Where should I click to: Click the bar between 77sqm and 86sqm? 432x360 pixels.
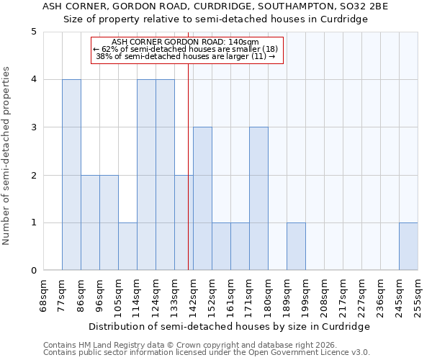coord(71,175)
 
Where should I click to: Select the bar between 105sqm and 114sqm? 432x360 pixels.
coord(127,246)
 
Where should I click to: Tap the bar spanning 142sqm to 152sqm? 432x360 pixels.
coord(202,199)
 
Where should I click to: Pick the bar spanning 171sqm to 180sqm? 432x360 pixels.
coord(258,199)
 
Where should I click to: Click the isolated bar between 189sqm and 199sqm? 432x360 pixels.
coord(296,246)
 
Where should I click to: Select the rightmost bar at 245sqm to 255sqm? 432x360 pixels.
coord(408,246)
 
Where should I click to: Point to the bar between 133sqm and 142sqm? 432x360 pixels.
coord(184,222)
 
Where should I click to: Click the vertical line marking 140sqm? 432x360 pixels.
coord(188,144)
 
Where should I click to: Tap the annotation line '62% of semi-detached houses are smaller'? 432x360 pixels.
coord(190,49)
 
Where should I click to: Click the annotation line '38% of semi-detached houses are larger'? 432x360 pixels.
coord(186,56)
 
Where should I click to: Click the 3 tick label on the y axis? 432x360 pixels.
coord(34,127)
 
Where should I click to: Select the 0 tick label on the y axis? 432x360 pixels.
coord(34,271)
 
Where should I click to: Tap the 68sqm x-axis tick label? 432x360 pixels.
coord(44,295)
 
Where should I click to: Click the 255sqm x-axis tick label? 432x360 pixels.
coord(418,295)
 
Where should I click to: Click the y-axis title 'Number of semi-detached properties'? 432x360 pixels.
coord(7,156)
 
